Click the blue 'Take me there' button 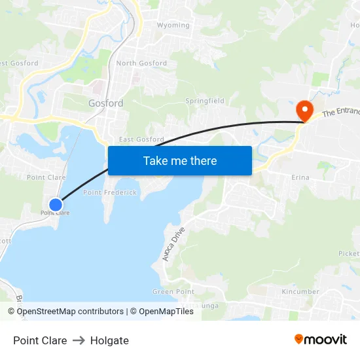(x=179, y=160)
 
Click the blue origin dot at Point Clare (x=56, y=204)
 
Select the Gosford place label (x=105, y=103)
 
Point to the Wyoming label (x=173, y=26)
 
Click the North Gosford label (x=141, y=63)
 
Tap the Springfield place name (x=205, y=101)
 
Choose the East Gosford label (x=141, y=139)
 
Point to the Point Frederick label (x=110, y=192)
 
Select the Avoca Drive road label (x=174, y=244)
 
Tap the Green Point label (x=173, y=291)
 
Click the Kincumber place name (x=300, y=291)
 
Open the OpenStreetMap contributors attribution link (x=70, y=312)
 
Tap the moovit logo (x=321, y=340)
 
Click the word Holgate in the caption (x=109, y=340)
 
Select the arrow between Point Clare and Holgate (x=79, y=340)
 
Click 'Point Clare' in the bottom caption (x=40, y=340)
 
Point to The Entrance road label (x=341, y=112)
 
